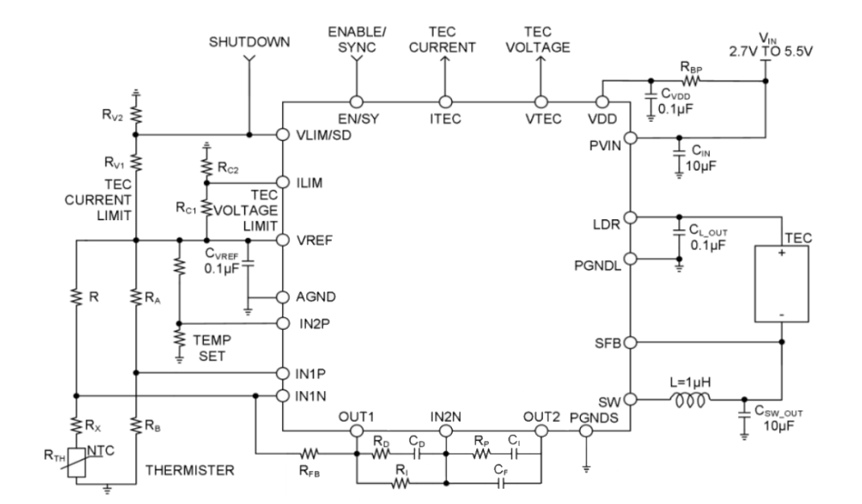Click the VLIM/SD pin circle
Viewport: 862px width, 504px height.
[x=282, y=135]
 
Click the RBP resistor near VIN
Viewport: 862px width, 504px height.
[x=691, y=81]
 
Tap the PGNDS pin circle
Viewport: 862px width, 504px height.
[x=586, y=431]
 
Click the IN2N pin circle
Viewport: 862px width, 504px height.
[x=446, y=431]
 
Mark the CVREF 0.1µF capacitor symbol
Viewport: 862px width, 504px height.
[x=248, y=263]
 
